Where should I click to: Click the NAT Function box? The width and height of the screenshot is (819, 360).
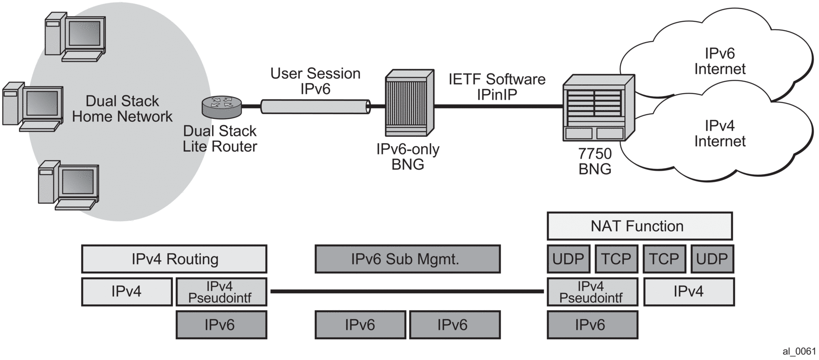pos(639,226)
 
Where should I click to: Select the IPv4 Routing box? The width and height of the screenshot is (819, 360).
pos(174,259)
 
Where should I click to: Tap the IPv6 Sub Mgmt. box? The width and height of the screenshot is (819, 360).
pos(407,259)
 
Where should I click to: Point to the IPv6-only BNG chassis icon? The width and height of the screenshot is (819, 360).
pos(409,103)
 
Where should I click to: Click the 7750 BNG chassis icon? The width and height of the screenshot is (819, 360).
pos(598,108)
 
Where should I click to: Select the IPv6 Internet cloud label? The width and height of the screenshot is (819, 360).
pos(719,61)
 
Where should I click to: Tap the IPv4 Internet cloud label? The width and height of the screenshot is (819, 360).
pos(719,134)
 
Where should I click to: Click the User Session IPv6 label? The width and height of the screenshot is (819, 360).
pos(315,81)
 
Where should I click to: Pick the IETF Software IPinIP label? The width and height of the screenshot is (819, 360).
pos(497,87)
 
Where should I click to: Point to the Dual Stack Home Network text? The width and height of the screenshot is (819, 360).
pos(122,109)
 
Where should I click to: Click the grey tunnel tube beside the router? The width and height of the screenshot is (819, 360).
pos(315,107)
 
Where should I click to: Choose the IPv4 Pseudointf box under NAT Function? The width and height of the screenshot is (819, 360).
pos(592,292)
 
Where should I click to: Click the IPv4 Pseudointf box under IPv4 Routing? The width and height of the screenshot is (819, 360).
pos(221,292)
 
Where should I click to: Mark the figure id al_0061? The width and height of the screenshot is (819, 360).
pos(799,351)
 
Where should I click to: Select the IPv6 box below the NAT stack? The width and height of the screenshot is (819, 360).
pos(592,325)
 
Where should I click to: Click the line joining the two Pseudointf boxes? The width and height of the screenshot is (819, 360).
pos(407,291)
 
